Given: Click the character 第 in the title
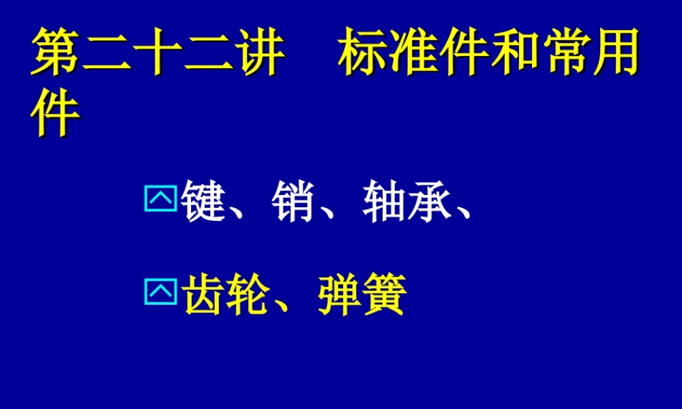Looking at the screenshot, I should tap(56, 52).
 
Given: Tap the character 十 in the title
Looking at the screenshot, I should tap(157, 52).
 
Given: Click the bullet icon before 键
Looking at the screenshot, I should tap(160, 199).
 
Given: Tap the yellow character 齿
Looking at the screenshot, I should tap(204, 295).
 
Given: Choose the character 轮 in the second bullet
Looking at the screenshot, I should tap(249, 295).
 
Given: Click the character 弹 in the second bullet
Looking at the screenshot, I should tap(339, 295).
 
